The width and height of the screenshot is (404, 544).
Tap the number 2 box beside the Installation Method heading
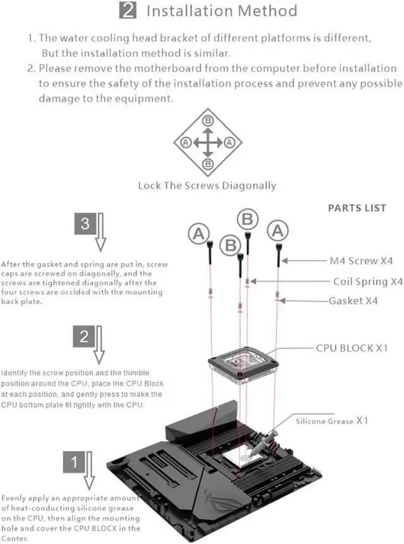[x=128, y=11]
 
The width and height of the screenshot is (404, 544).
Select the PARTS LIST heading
[x=357, y=207]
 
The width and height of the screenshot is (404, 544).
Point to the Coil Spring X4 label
[x=367, y=281]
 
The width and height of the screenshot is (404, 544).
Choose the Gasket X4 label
[x=353, y=301]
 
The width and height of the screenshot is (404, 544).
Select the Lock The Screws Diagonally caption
[x=207, y=185]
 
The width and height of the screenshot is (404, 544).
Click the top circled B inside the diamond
[x=208, y=120]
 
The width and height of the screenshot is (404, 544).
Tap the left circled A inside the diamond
[x=186, y=142]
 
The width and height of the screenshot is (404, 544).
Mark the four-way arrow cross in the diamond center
[x=208, y=142]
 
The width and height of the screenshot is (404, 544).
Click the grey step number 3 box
[x=85, y=223]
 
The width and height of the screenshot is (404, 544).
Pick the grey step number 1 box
[x=74, y=462]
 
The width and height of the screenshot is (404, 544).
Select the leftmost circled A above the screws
[x=198, y=234]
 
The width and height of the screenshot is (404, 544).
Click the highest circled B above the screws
[x=247, y=219]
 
